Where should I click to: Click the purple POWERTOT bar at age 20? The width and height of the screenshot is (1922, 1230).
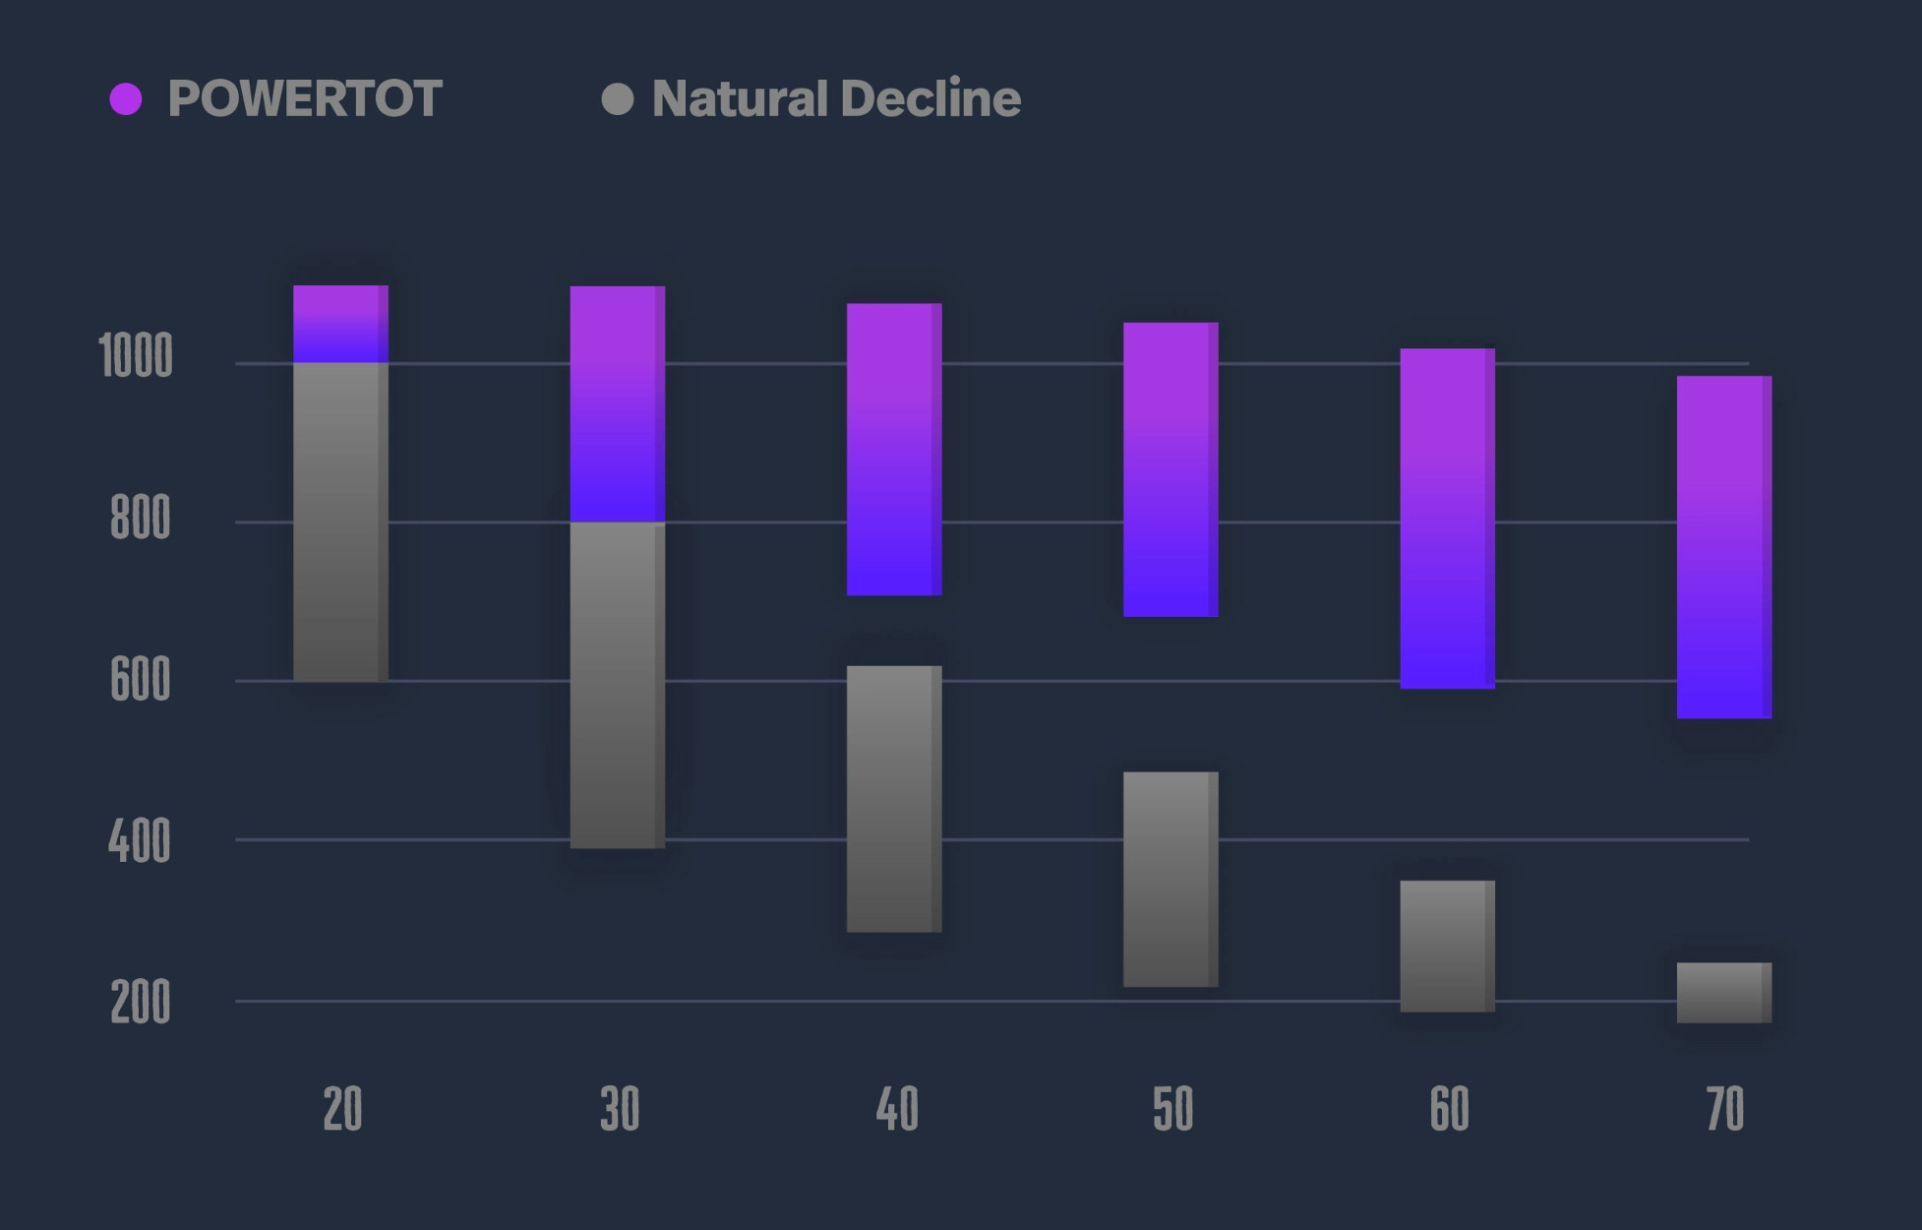click(x=340, y=324)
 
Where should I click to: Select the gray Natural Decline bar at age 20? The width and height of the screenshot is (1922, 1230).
click(x=340, y=522)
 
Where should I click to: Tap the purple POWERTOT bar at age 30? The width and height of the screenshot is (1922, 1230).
click(x=618, y=403)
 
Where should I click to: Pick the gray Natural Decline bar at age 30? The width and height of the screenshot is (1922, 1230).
click(x=618, y=685)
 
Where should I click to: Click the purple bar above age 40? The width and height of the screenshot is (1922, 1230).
click(x=894, y=449)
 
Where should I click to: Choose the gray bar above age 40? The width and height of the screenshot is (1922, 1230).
click(x=894, y=799)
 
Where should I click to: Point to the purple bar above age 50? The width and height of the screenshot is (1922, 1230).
click(x=1171, y=469)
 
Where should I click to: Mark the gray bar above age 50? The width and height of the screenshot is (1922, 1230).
click(x=1171, y=880)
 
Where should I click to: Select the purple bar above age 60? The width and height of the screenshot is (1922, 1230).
click(x=1448, y=519)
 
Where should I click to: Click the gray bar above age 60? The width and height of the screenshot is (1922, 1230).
click(x=1448, y=946)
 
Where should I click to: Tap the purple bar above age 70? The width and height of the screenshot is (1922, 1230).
click(x=1724, y=547)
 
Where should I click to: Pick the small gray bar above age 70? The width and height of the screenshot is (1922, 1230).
click(x=1724, y=993)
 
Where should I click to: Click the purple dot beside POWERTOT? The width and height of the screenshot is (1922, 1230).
click(x=126, y=99)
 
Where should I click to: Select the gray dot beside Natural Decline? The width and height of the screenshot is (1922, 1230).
click(x=618, y=99)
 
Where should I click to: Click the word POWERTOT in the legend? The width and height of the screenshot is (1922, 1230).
click(x=305, y=99)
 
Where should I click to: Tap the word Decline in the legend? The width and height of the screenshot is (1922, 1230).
click(x=931, y=99)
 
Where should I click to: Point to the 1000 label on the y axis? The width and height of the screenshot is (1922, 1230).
click(x=136, y=356)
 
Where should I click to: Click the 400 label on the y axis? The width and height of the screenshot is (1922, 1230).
click(x=139, y=842)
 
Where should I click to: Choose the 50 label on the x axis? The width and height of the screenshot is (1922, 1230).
click(x=1172, y=1109)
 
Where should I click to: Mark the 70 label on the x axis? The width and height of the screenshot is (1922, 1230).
click(x=1725, y=1109)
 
